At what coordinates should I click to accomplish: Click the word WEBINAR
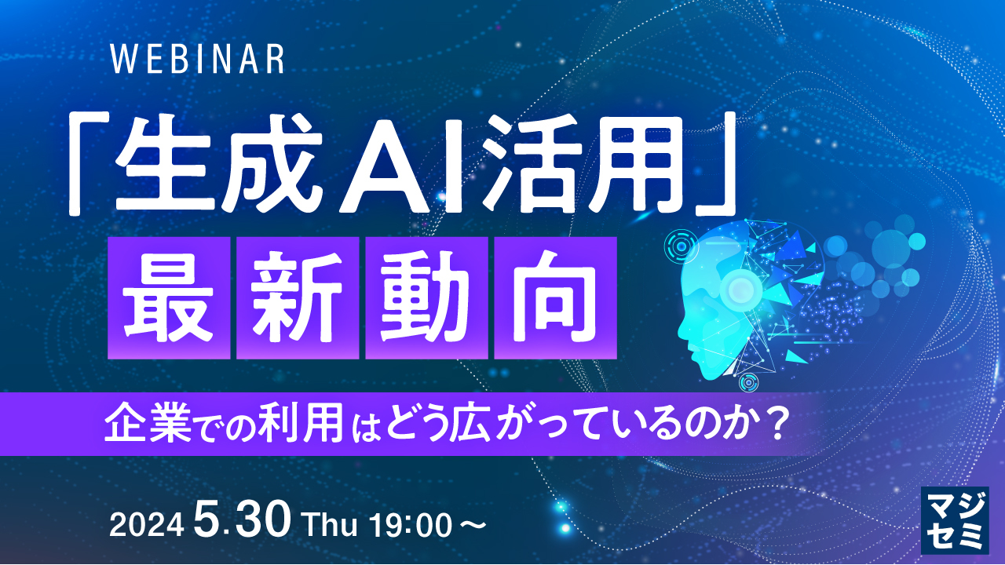(197, 59)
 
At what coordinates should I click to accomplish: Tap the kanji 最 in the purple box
(169, 297)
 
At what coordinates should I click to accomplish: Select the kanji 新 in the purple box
(298, 297)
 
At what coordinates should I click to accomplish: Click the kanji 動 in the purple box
(426, 297)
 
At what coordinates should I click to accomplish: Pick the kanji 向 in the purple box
(555, 297)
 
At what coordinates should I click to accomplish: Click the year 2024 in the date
(147, 526)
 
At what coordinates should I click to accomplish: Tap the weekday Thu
(331, 525)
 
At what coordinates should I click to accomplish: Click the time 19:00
(411, 526)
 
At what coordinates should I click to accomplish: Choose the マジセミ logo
(954, 520)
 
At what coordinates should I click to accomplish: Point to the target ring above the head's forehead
(681, 246)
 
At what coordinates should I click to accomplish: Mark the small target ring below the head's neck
(748, 382)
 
